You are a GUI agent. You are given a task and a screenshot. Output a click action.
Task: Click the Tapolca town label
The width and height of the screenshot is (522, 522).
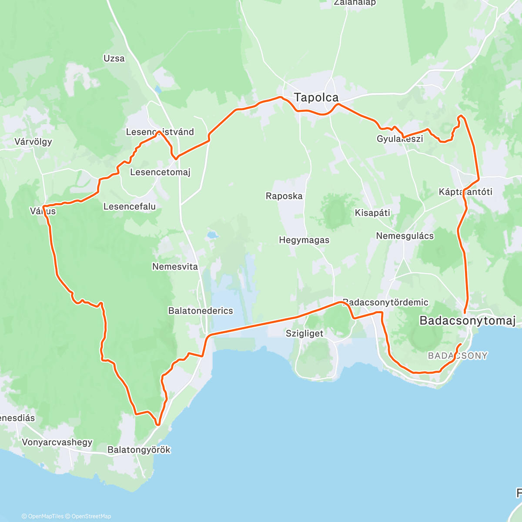pyautogui.click(x=316, y=97)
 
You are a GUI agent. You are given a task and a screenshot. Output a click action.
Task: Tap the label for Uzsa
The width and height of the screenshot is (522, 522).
pyautogui.click(x=114, y=58)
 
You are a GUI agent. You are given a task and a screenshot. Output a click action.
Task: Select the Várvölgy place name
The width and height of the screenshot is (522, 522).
pyautogui.click(x=33, y=141)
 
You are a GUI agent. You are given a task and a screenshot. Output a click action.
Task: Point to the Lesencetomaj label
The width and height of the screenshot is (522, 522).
pyautogui.click(x=160, y=172)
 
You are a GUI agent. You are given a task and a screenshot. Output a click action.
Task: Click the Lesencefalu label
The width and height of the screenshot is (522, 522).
pyautogui.click(x=129, y=207)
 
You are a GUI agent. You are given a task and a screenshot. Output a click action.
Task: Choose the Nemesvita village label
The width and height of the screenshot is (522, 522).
pyautogui.click(x=175, y=267)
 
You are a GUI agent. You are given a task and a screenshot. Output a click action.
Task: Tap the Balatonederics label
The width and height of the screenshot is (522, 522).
pyautogui.click(x=201, y=311)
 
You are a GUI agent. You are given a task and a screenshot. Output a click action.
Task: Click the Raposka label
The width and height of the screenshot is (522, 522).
pyautogui.click(x=284, y=196)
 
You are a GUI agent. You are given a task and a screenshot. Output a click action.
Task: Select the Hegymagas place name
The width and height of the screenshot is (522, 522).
pyautogui.click(x=304, y=240)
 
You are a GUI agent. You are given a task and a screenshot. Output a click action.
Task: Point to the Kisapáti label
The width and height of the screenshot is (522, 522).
pyautogui.click(x=372, y=213)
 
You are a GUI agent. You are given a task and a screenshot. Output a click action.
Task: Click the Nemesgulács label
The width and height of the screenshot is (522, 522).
pyautogui.click(x=405, y=236)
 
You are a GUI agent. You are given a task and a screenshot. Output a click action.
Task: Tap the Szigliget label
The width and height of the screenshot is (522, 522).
pyautogui.click(x=304, y=334)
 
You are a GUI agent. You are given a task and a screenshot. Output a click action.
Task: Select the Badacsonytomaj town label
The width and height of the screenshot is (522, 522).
pyautogui.click(x=467, y=321)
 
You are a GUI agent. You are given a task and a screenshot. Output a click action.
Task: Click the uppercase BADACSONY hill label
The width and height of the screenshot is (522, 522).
pyautogui.click(x=458, y=356)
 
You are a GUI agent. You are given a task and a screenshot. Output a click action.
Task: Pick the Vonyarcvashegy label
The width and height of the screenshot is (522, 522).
pyautogui.click(x=57, y=442)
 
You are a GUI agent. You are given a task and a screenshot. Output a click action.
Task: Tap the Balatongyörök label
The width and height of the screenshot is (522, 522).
pyautogui.click(x=139, y=450)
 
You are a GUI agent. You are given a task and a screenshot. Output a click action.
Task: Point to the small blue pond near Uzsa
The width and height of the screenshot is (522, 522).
pyautogui.click(x=157, y=90)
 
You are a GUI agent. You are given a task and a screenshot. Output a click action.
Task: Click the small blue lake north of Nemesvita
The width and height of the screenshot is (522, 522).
pyautogui.click(x=212, y=235)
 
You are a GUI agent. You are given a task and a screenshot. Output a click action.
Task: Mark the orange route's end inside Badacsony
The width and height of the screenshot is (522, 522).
pyautogui.click(x=460, y=345)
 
